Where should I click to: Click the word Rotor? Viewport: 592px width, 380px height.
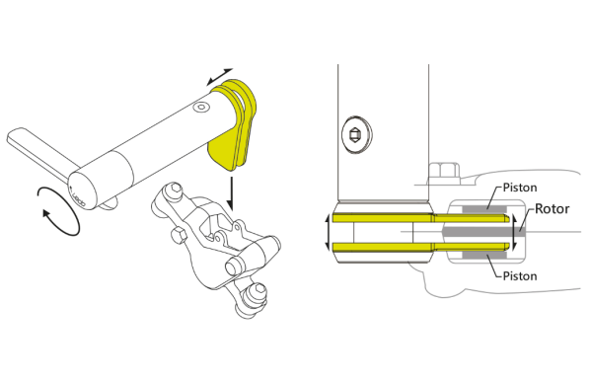pyautogui.click(x=552, y=209)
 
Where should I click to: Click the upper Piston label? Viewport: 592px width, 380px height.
pyautogui.click(x=520, y=188)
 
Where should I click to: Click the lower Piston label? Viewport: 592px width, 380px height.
pyautogui.click(x=520, y=276)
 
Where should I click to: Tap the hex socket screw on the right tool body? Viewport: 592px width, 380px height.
pyautogui.click(x=356, y=134)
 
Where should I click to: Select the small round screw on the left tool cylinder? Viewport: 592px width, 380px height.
pyautogui.click(x=201, y=108)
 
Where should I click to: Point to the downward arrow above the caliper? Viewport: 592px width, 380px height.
pyautogui.click(x=230, y=192)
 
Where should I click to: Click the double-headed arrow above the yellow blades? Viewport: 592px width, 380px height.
pyautogui.click(x=220, y=76)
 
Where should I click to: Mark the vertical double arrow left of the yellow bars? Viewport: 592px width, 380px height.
pyautogui.click(x=328, y=232)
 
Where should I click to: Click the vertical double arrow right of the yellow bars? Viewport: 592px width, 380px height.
pyautogui.click(x=513, y=232)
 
